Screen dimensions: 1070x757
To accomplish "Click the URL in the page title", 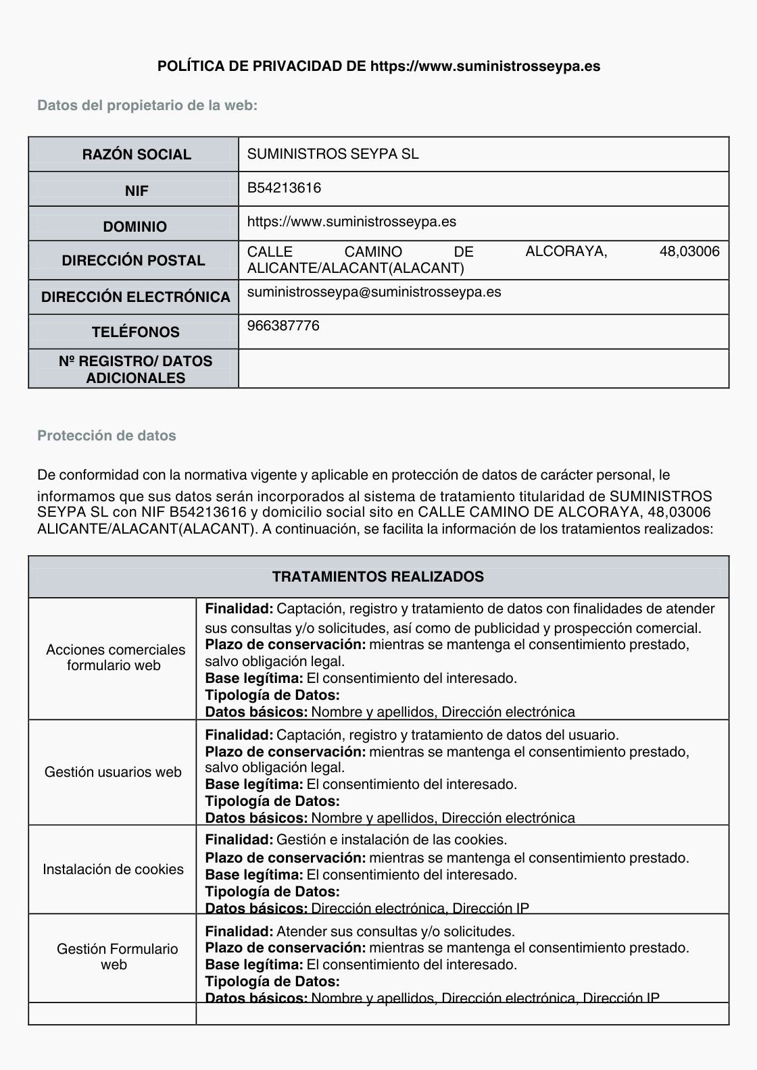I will coord(485,66).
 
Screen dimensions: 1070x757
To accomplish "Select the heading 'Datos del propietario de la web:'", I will coord(147,105).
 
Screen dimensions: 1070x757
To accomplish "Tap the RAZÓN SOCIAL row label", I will coord(137,155).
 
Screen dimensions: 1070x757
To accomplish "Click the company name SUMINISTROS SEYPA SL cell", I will coord(333,154).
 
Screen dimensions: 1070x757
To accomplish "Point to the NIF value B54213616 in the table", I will coord(284,188).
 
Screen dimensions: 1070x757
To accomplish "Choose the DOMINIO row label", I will coord(135,227).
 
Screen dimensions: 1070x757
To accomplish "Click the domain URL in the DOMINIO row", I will coord(351,222).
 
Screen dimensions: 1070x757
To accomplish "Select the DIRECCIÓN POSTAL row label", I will coord(133,261).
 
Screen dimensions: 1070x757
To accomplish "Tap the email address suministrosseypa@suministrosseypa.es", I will coord(374,292).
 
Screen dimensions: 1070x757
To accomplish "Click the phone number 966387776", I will coord(283,326).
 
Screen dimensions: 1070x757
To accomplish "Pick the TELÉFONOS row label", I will coord(136,332).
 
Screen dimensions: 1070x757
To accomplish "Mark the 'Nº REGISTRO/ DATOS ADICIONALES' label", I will coord(135,370).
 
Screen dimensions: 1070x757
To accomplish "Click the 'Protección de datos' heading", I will coord(107,436).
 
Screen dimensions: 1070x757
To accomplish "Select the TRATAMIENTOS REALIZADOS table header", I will coord(378,577).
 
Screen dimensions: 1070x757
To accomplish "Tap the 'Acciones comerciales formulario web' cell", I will coord(115,657).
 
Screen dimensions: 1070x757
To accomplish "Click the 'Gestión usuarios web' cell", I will coord(113,772).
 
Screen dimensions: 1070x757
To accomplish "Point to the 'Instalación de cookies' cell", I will coord(113,869).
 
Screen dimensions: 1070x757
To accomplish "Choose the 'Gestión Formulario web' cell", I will coord(117,957).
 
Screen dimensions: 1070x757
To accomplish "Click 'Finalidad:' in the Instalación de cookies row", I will coord(239,840).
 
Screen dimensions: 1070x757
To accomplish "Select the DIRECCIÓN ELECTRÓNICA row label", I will coord(135,297).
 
